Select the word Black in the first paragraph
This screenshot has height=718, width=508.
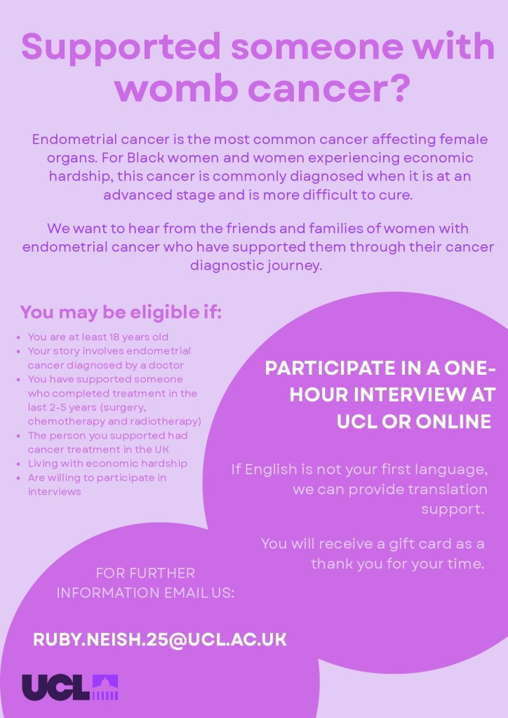[145, 157]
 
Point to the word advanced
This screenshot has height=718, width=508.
[139, 194]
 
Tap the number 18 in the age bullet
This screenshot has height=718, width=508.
[114, 337]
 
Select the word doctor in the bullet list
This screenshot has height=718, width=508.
[169, 366]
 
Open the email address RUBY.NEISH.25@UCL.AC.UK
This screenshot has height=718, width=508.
[160, 639]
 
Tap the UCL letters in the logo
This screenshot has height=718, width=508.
[56, 687]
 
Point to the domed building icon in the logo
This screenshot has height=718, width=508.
[106, 687]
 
